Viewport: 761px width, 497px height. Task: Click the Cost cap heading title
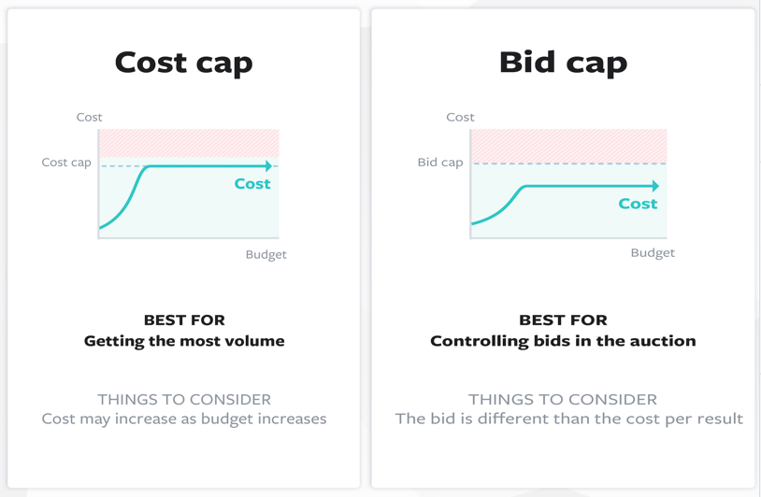click(183, 63)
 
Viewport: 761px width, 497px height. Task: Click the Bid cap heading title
click(563, 63)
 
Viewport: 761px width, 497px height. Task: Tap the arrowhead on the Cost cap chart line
click(268, 166)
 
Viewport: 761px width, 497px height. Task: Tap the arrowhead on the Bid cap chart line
click(655, 186)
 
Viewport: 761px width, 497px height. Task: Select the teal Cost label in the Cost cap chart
click(252, 184)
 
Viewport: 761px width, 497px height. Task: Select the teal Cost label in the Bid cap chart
click(638, 204)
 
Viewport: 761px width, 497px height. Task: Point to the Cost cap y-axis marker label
click(66, 163)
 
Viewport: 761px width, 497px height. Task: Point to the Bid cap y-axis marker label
click(440, 163)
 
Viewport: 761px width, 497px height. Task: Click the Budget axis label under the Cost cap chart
click(266, 254)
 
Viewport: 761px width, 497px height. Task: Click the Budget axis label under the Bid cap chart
click(653, 252)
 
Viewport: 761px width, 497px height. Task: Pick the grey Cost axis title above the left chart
click(90, 118)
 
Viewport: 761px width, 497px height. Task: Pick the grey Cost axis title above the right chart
click(460, 118)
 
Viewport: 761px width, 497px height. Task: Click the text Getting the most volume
click(184, 341)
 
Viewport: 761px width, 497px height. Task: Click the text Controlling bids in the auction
click(563, 341)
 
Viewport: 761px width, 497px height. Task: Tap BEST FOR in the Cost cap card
click(184, 320)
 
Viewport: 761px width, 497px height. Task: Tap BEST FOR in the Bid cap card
click(563, 320)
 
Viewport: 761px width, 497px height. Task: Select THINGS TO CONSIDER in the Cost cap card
click(184, 400)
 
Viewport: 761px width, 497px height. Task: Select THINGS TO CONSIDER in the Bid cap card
click(563, 400)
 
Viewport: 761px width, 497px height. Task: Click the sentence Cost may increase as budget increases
click(184, 419)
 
